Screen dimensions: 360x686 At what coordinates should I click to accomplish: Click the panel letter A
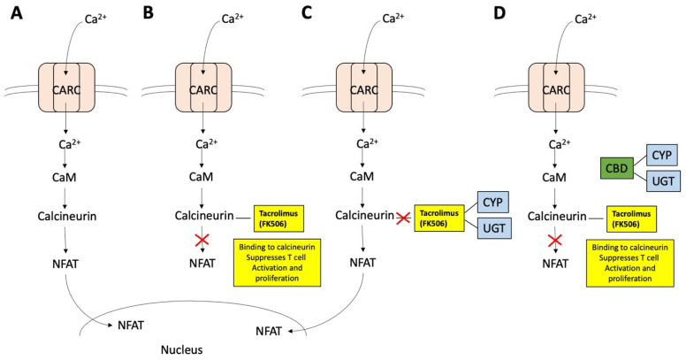tap(16, 14)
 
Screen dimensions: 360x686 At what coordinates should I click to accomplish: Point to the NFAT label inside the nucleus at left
tap(132, 326)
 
